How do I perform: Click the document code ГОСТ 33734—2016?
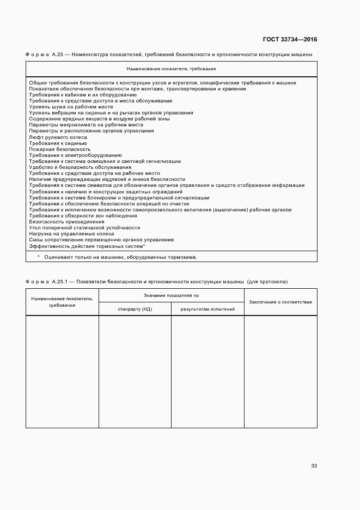tap(290, 39)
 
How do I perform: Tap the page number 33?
tap(314, 465)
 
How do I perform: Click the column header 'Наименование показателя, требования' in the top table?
tap(171, 69)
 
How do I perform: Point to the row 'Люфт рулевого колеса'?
tap(55, 137)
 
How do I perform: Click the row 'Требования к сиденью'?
tap(58, 143)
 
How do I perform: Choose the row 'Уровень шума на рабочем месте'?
tap(71, 107)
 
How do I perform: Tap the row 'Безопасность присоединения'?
tap(66, 221)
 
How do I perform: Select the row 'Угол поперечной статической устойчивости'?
tap(84, 227)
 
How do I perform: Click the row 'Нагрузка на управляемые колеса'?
tap(71, 233)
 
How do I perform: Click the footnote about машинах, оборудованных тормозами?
tap(117, 257)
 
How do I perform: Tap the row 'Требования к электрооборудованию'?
tap(75, 155)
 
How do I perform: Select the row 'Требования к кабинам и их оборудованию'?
tap(79, 95)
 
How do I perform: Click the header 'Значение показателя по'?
tap(171, 295)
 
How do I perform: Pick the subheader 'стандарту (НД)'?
tap(135, 309)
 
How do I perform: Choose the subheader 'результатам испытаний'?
tap(208, 309)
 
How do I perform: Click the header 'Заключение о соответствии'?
tap(280, 301)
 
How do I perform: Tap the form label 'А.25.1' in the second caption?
tap(58, 282)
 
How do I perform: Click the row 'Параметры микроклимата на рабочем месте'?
tap(82, 125)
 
